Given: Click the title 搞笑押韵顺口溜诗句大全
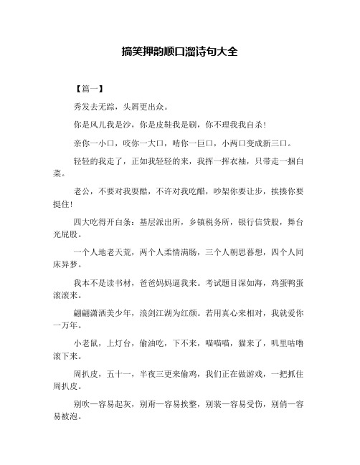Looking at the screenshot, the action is [180, 52].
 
